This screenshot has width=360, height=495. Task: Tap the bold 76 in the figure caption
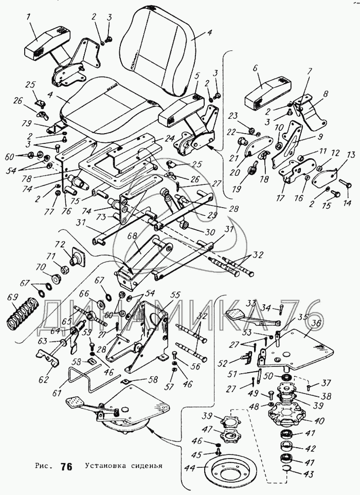click(66, 467)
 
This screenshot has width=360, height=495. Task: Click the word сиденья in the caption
click(146, 467)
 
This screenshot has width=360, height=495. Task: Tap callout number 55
click(175, 295)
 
